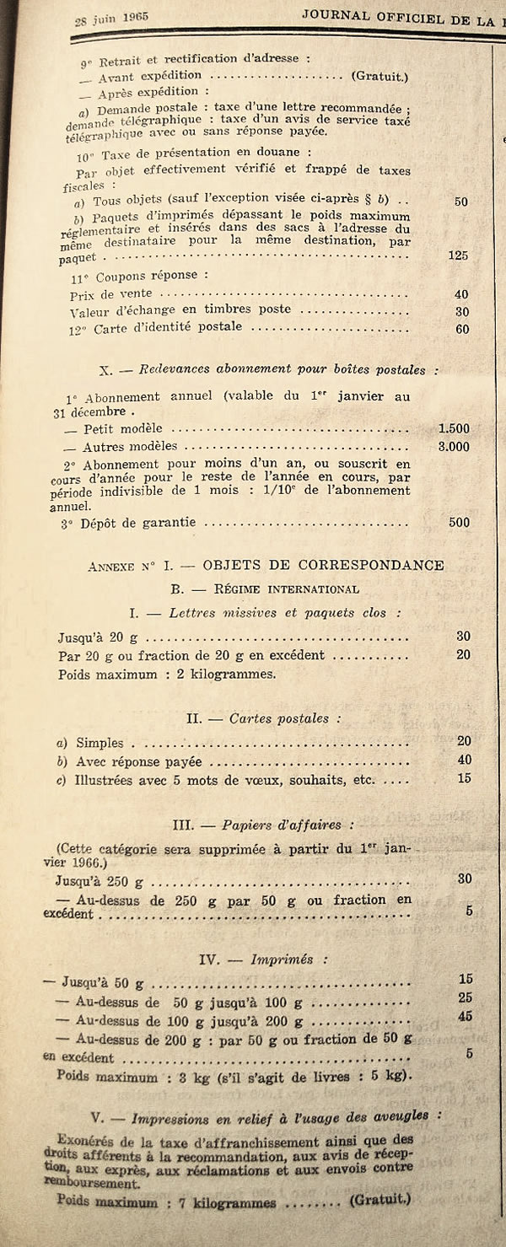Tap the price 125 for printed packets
458,255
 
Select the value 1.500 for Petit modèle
454,428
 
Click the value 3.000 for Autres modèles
454,446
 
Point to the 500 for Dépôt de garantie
459,522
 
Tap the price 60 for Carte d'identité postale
461,329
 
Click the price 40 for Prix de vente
461,294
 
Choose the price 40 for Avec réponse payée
464,760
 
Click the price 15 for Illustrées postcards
464,778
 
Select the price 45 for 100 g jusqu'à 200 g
465,1016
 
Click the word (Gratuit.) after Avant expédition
379,77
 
